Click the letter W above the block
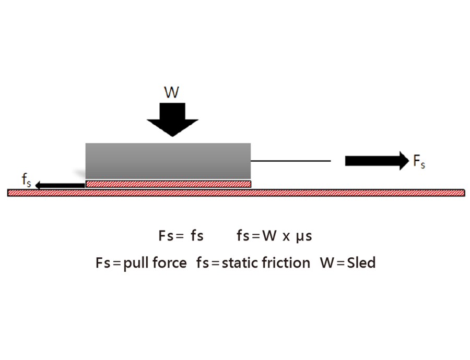click(171, 93)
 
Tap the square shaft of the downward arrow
click(172, 111)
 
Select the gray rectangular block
click(168, 161)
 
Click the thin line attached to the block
click(290, 161)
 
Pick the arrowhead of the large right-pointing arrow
click(402, 161)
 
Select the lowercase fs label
click(26, 181)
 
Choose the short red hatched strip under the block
click(168, 184)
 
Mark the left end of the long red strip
click(9, 193)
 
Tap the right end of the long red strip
click(463, 193)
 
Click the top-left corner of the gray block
click(86, 143)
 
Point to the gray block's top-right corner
click(250, 143)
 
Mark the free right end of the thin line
click(330, 161)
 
